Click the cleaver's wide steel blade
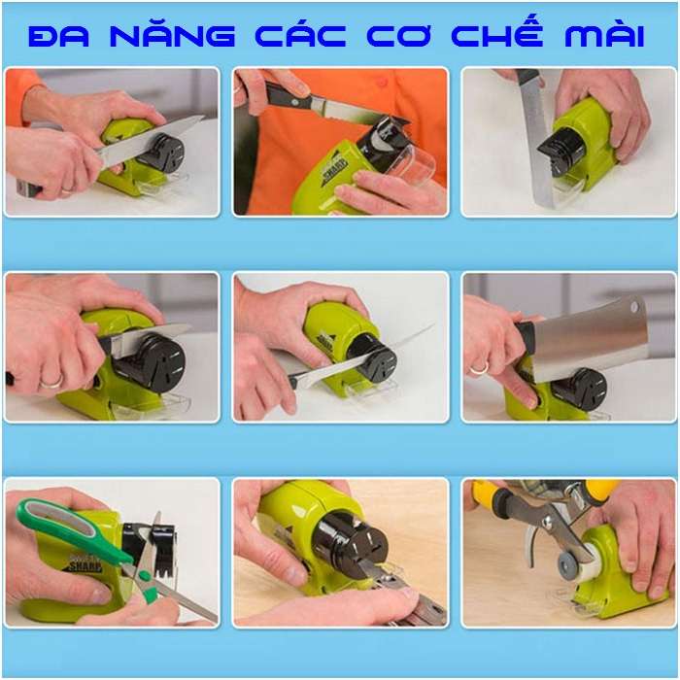coord(593,335)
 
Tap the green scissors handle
coord(68,529)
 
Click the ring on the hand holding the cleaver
coord(479,368)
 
